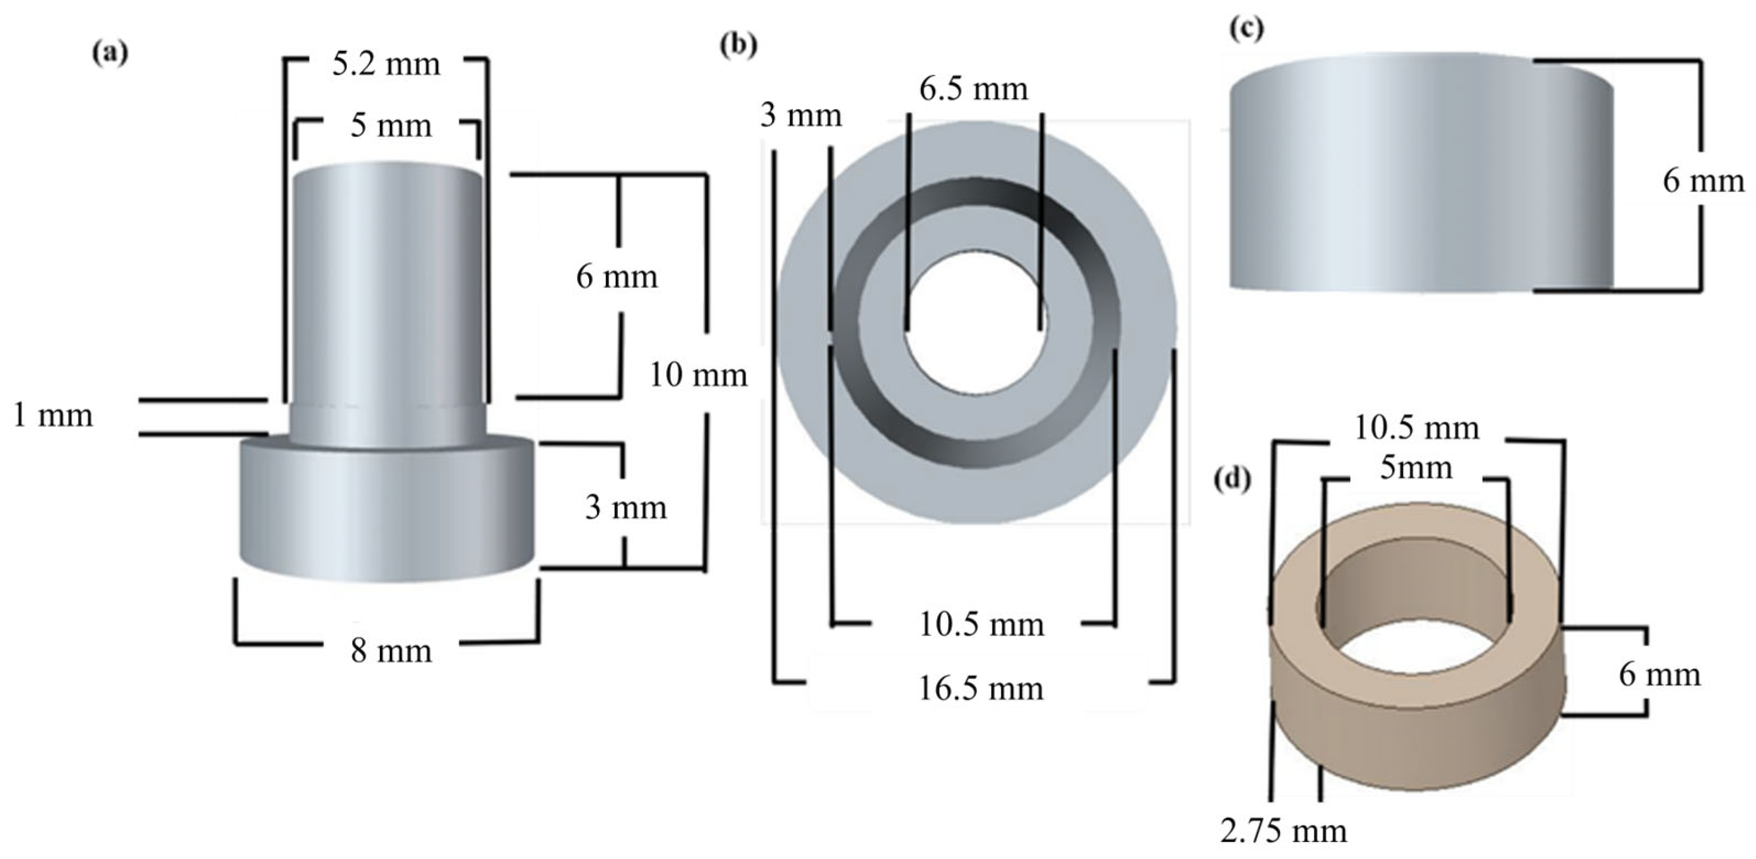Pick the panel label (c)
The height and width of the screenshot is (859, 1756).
[x=1246, y=29]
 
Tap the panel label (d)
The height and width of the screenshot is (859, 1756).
[x=1232, y=479]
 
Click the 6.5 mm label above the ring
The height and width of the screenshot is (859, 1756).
[x=973, y=89]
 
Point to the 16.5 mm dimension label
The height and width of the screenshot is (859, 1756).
[x=980, y=688]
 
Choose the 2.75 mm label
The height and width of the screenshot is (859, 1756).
[x=1283, y=831]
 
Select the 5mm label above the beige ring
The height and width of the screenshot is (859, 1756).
[x=1416, y=469]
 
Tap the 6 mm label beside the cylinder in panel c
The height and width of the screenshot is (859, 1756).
[x=1703, y=181]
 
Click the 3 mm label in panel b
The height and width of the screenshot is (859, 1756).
[x=801, y=115]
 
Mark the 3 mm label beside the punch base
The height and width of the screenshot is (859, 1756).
[x=625, y=508]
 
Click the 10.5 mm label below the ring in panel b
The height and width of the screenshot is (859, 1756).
[x=981, y=624]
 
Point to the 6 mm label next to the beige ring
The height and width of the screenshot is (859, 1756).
[x=1659, y=675]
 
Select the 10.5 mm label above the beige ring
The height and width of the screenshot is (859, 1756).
[x=1416, y=429]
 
